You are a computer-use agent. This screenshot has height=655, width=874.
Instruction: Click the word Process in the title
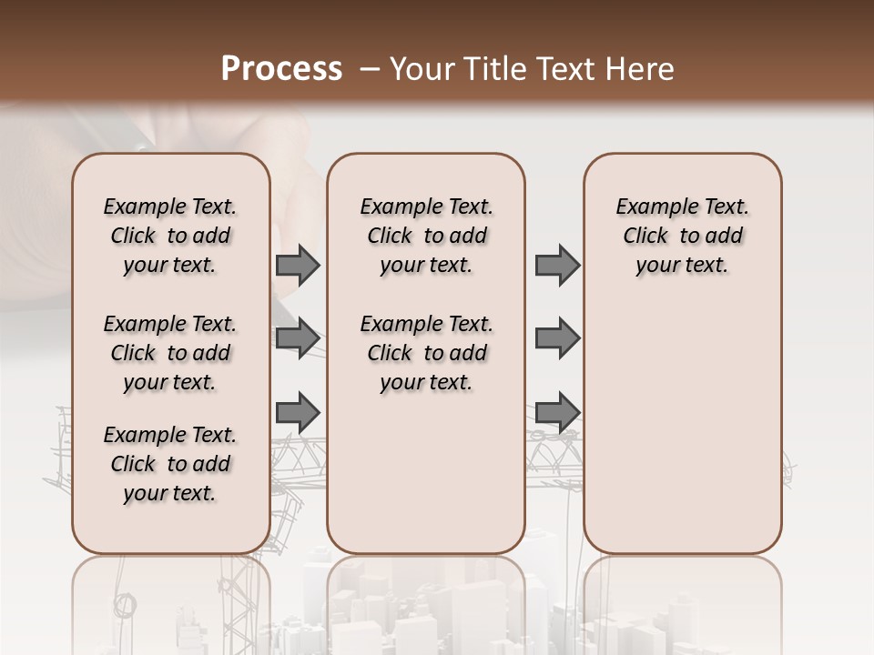281,69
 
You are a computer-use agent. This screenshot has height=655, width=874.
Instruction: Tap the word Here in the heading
638,69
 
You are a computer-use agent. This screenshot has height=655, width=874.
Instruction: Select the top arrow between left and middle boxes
298,266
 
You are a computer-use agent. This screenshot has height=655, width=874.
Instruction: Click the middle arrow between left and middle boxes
298,338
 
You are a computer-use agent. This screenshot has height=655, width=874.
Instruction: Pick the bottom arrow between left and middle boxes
298,412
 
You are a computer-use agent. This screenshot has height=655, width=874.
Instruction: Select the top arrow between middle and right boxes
557,266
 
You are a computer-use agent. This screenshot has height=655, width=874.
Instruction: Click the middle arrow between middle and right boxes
557,338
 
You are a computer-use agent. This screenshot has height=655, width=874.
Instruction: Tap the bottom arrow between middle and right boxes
557,412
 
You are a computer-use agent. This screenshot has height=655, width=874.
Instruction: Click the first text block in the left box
170,236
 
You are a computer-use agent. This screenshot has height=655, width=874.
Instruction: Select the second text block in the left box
170,353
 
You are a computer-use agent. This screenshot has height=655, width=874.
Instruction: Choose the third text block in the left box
170,464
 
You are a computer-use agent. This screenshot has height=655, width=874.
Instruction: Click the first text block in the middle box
426,236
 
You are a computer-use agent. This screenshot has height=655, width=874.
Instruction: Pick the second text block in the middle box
426,353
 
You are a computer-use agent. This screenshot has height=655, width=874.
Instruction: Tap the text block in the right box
682,236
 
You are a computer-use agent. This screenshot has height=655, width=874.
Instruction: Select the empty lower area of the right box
682,437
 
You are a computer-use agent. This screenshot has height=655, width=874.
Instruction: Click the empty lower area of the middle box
426,473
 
